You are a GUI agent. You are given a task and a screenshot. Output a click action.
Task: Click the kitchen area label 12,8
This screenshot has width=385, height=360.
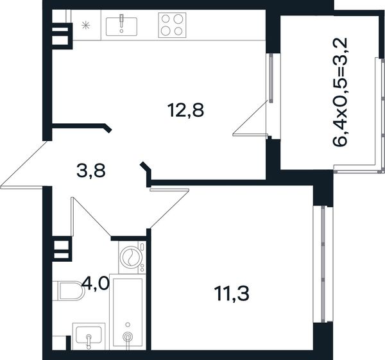185,110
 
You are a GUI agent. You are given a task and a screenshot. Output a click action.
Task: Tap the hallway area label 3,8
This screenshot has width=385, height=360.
91,171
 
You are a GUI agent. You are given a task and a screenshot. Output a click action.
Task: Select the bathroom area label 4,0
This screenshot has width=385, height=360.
95,283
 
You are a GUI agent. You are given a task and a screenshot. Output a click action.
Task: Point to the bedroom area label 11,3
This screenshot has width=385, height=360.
232,294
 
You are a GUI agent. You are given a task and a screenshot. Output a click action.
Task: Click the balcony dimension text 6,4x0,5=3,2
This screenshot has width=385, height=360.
340,92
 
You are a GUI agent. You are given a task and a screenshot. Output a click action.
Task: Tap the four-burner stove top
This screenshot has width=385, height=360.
172,25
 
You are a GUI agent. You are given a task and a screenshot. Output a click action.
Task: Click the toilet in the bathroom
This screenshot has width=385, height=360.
69,291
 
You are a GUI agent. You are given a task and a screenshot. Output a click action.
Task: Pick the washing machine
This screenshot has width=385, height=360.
132,257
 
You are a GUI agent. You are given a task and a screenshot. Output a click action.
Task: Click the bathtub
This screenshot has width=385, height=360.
128,312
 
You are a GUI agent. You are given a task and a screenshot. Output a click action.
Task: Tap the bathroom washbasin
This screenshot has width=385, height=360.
89,336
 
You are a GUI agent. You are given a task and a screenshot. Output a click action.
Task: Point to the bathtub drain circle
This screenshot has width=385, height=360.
127,336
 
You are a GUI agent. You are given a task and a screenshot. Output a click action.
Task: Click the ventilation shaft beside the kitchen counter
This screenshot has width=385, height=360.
62,36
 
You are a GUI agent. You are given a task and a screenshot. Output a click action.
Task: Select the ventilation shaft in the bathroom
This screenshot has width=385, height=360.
62,249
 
